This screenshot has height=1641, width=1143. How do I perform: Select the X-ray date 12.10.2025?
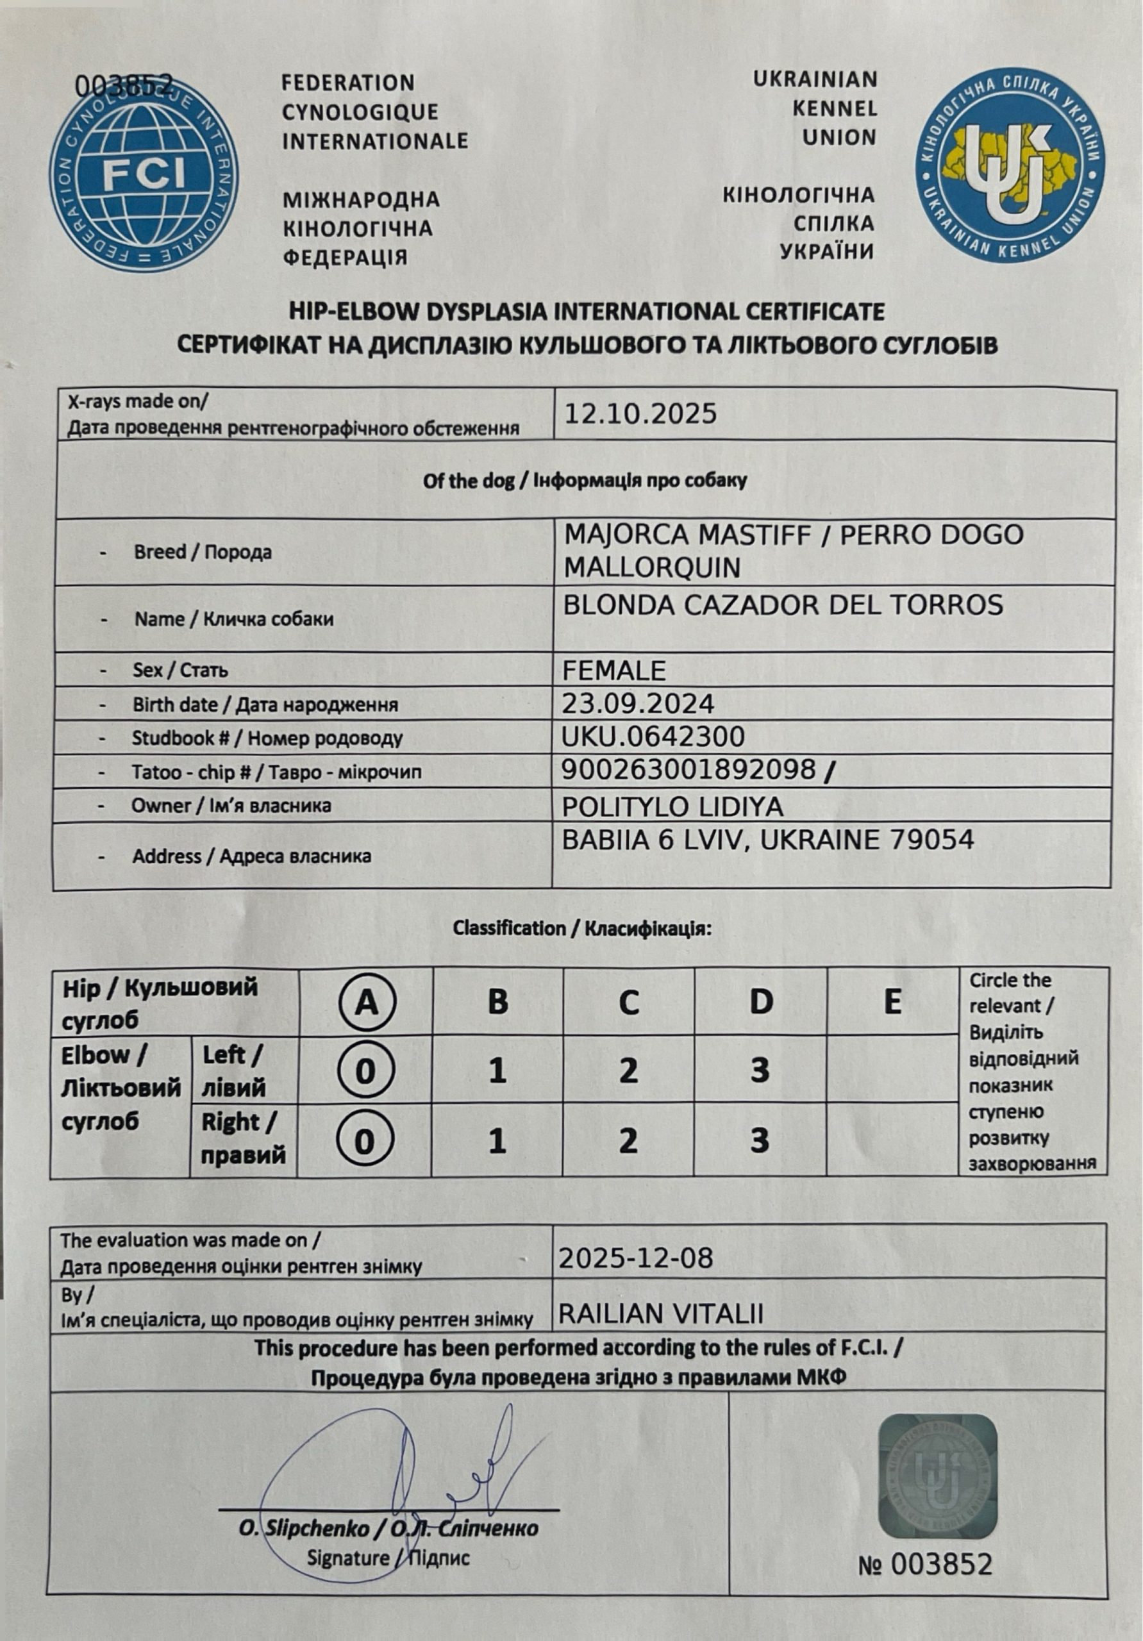pos(640,415)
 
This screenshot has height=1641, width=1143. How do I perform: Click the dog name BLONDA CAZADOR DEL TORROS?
pos(783,605)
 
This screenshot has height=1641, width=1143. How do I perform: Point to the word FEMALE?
pos(614,671)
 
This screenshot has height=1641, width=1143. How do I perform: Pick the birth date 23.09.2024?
pos(638,704)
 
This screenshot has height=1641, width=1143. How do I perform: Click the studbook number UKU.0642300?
pos(653,736)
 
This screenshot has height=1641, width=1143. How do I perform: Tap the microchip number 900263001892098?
pos(688,769)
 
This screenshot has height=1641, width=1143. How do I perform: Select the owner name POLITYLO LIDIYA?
pos(672,806)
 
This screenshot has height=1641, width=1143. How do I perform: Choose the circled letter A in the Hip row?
pos(367,1003)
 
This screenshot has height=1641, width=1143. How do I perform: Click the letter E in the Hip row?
pos(892,1002)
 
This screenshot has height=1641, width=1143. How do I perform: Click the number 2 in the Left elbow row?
pos(628,1070)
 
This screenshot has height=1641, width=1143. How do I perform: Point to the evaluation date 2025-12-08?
pos(635,1258)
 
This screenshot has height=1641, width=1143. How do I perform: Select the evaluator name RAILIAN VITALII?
pos(660,1313)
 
